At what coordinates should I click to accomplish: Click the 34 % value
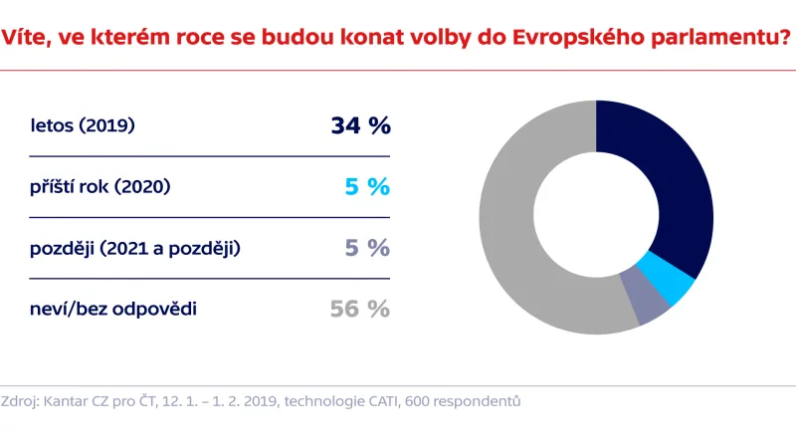coord(360,126)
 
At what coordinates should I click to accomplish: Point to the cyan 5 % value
coord(366,187)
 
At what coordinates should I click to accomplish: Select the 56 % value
coord(360,309)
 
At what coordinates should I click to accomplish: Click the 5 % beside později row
coord(366,248)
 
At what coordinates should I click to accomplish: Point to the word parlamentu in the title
coord(710,40)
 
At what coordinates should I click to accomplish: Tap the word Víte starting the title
coord(26,40)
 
